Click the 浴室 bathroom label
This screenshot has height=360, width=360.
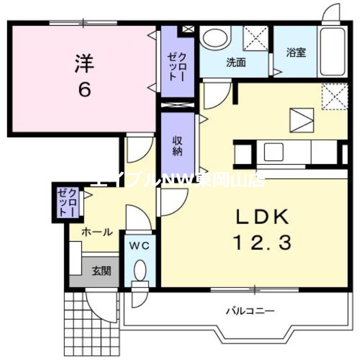296,52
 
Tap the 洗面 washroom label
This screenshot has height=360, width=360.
236,63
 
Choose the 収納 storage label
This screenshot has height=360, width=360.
178,145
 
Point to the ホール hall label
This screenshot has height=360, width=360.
96,232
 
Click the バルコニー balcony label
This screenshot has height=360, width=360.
250,310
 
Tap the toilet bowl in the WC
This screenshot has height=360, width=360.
140,271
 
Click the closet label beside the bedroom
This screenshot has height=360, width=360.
177,66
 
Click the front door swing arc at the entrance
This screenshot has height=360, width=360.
101,306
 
